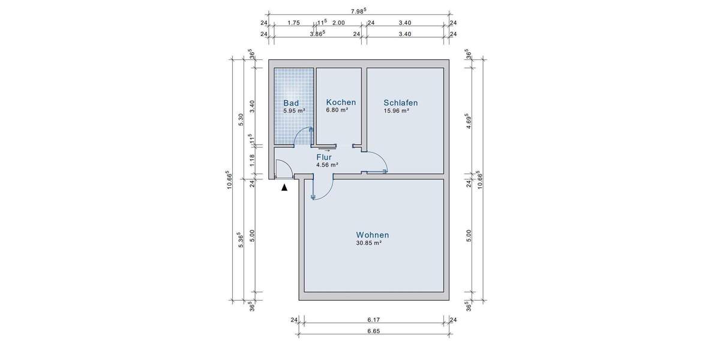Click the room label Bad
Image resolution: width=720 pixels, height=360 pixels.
291,103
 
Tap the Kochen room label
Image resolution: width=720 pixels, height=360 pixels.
341,102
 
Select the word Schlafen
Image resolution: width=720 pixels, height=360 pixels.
401,103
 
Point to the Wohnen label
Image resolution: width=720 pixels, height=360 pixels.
373,235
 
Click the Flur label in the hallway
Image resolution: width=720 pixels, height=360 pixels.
324,157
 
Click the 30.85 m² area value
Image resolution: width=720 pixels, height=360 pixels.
369,243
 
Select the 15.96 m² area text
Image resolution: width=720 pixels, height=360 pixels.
397,110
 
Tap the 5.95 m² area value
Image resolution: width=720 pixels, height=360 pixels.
295,110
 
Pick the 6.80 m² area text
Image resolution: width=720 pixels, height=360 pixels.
337,110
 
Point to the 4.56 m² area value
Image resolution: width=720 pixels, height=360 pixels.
328,164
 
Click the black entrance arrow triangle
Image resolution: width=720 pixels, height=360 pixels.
284,187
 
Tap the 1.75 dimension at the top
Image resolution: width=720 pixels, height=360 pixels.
293,23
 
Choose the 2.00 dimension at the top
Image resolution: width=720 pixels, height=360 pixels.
338,23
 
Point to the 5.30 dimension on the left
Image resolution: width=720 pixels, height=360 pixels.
241,119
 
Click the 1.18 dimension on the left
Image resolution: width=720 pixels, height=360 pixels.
252,160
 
